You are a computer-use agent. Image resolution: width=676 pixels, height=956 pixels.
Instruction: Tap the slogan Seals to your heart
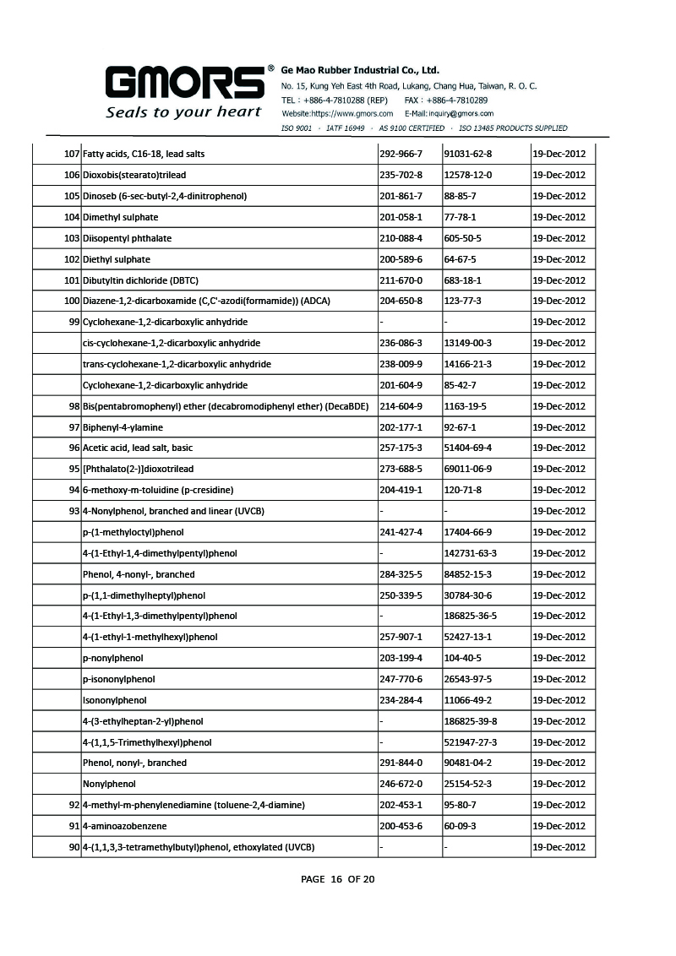click(x=183, y=111)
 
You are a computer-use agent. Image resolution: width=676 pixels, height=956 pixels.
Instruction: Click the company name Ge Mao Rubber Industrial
click(x=360, y=70)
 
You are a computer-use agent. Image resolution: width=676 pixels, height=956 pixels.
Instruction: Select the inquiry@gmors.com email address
click(x=461, y=113)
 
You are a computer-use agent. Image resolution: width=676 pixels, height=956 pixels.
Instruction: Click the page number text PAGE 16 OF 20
click(x=338, y=879)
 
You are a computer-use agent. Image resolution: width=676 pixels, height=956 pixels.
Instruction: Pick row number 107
click(x=71, y=155)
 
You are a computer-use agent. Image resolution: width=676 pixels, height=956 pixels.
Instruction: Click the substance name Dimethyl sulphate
click(x=120, y=217)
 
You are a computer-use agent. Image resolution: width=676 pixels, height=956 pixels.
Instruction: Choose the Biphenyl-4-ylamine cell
click(x=123, y=427)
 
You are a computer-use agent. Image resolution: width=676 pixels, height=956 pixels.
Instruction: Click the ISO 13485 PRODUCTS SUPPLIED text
click(x=513, y=128)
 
